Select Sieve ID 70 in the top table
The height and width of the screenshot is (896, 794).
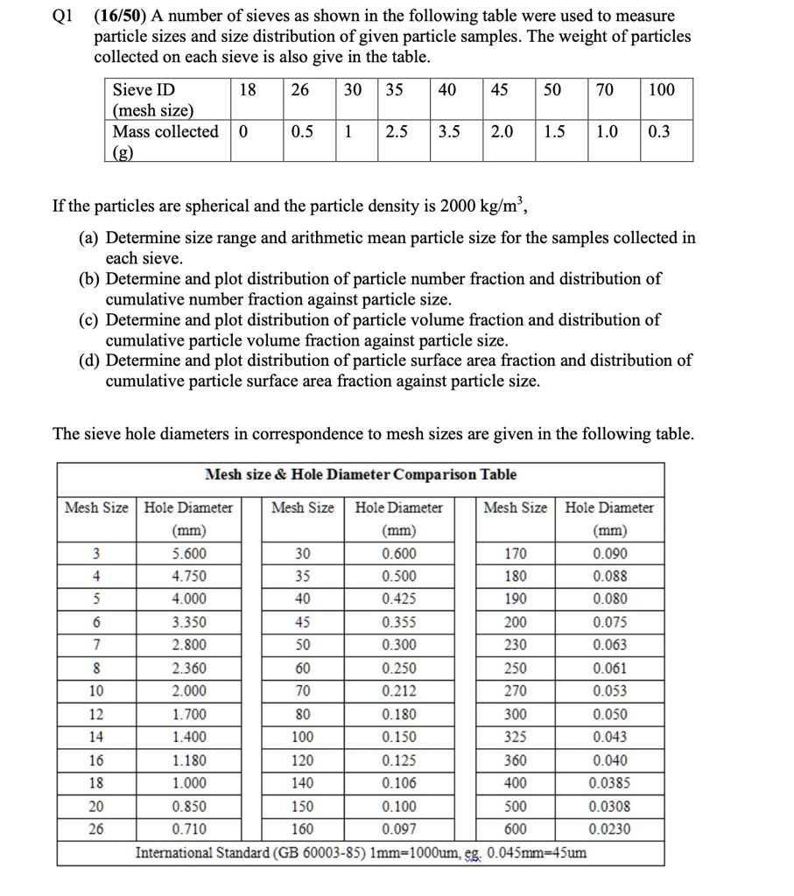tap(604, 89)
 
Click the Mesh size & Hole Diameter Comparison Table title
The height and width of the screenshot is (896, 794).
tap(361, 474)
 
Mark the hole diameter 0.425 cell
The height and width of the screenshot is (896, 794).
tap(399, 599)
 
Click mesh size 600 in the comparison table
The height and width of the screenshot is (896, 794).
tap(516, 829)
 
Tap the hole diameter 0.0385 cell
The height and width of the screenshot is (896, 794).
tap(609, 783)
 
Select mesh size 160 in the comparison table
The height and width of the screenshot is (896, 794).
tap(302, 829)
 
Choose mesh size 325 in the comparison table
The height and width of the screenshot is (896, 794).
tap(516, 738)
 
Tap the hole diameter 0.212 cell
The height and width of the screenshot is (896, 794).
tap(399, 691)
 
